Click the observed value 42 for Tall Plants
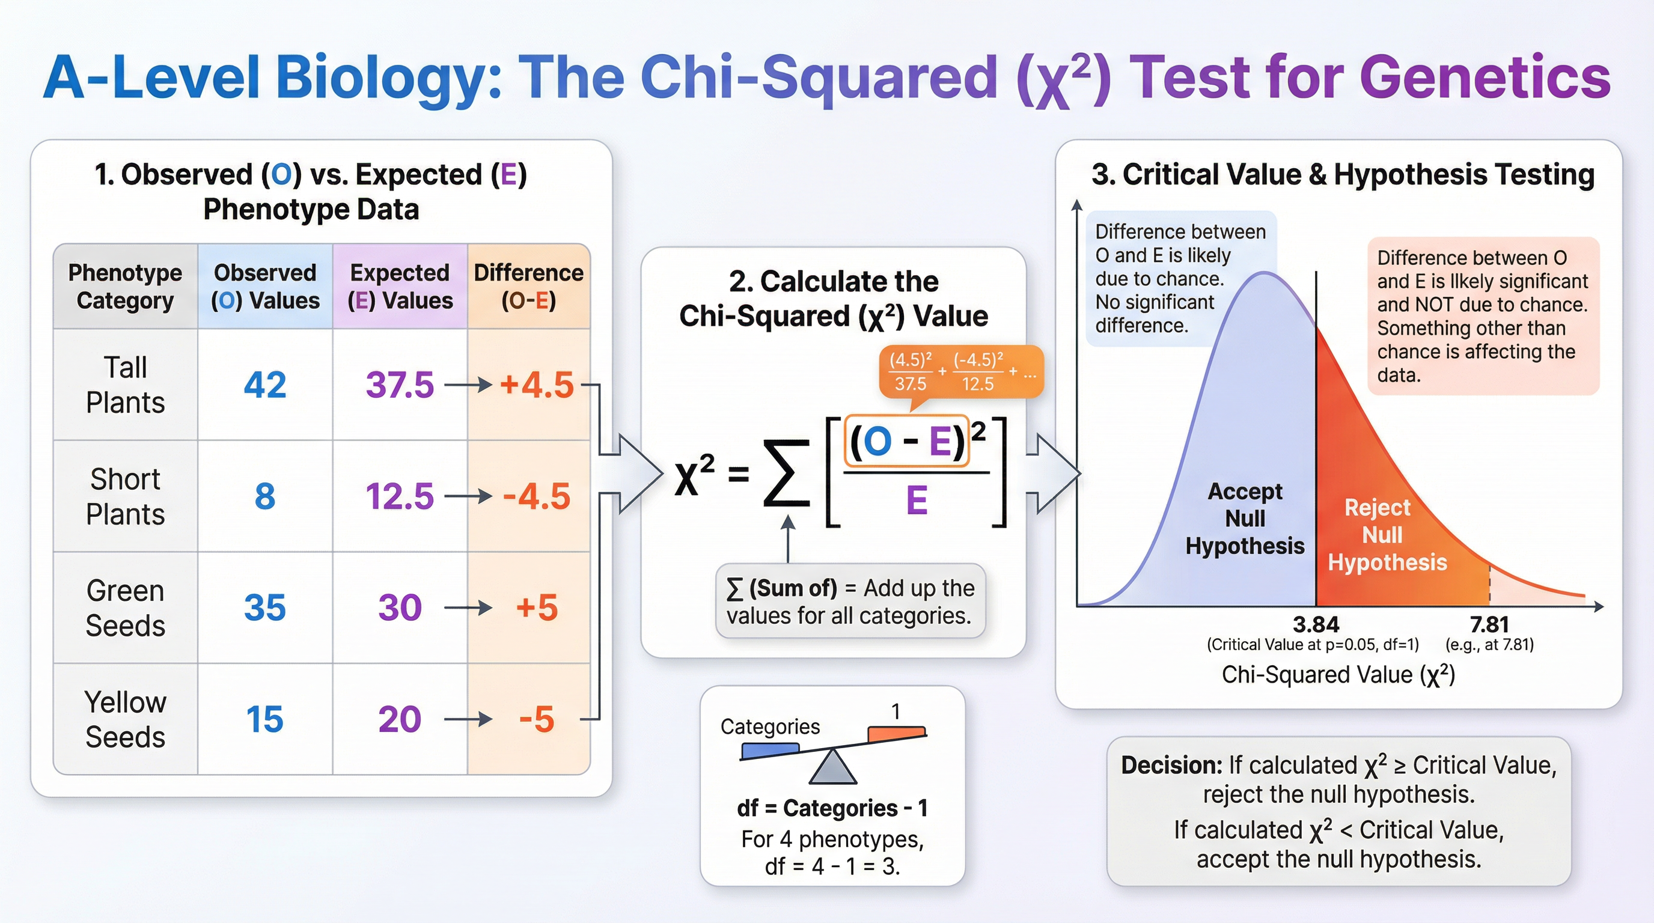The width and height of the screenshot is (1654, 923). [264, 385]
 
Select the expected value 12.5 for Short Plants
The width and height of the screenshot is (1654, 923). [399, 496]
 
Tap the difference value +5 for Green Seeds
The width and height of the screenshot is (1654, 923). [537, 608]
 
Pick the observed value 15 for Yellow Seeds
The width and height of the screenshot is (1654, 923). [264, 719]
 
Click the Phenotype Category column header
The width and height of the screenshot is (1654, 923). [125, 286]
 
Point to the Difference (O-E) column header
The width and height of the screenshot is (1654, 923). [528, 286]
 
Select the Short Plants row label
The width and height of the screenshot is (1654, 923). [125, 496]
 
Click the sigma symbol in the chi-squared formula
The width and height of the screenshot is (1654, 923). [786, 473]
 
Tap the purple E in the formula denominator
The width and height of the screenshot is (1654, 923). [916, 501]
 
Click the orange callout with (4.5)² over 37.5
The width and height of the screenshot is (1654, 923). [960, 371]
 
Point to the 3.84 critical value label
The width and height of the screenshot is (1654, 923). [1316, 624]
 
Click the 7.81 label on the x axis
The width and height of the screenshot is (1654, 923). [1489, 624]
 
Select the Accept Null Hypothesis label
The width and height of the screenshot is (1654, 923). [1244, 519]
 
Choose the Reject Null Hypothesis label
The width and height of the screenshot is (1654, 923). [1387, 535]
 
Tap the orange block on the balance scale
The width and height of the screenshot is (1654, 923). [896, 733]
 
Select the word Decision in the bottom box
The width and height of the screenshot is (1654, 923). [1171, 765]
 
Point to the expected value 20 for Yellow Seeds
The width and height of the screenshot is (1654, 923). [399, 719]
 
